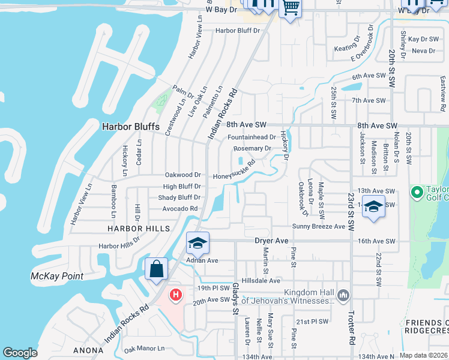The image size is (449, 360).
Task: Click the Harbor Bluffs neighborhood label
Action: click(130, 127)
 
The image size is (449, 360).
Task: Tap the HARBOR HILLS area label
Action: click(134, 229)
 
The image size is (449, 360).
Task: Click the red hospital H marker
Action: click(175, 295)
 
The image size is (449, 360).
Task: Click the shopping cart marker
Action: click(291, 8)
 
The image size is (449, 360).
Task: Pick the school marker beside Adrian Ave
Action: click(197, 243)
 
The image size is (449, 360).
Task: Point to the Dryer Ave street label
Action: click(272, 241)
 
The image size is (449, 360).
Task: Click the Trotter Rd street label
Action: click(351, 327)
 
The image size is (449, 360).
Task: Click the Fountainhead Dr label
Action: click(252, 137)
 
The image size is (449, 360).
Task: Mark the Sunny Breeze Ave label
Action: click(319, 226)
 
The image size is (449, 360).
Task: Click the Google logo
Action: click(20, 353)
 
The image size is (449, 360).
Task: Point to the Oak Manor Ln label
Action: click(143, 349)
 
